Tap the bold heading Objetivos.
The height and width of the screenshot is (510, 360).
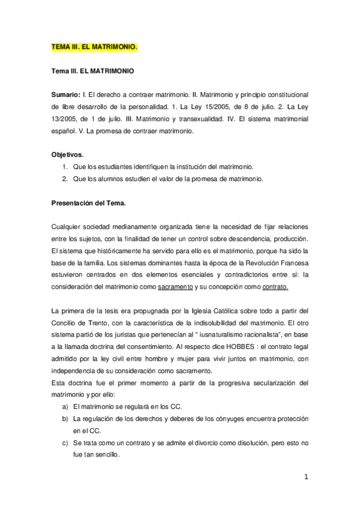point(67,155)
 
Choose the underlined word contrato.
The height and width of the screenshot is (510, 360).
point(275,287)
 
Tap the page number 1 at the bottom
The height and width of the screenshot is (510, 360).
point(306,478)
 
